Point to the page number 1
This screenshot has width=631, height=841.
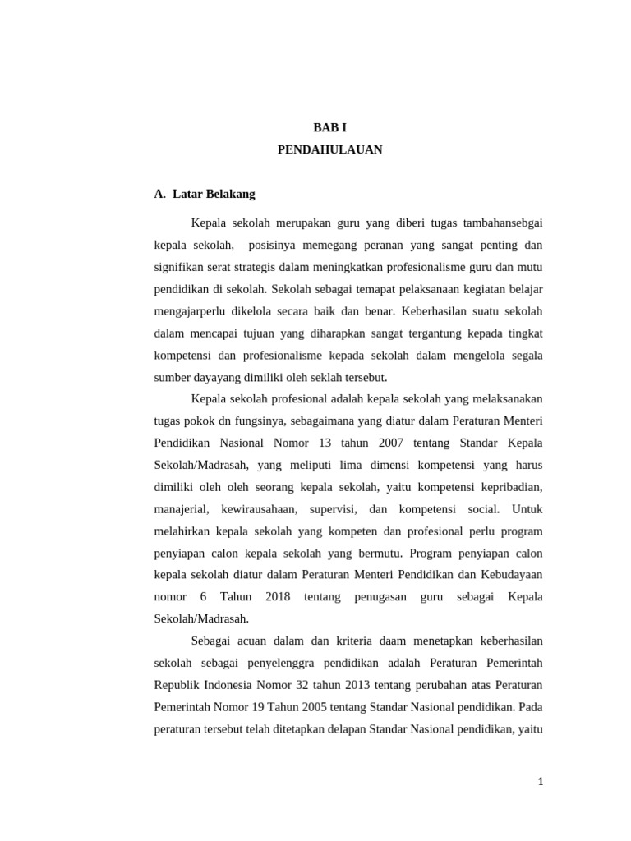[540, 783]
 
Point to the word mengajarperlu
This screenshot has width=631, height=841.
[191, 312]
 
